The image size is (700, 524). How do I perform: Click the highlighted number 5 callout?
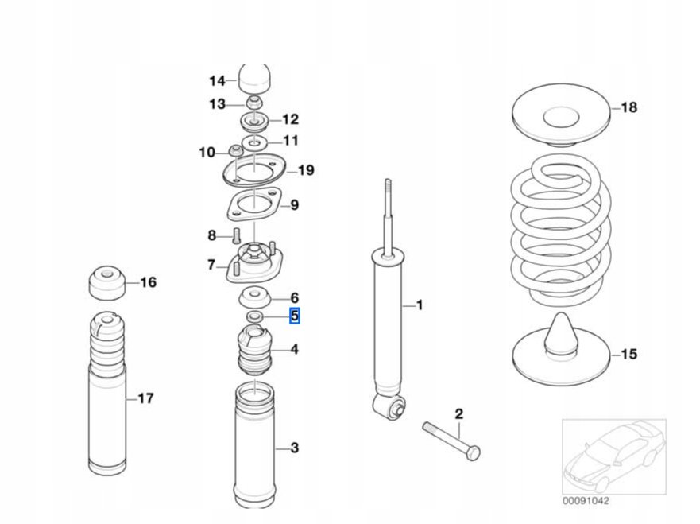click(x=294, y=316)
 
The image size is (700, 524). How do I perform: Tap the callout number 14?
click(x=217, y=80)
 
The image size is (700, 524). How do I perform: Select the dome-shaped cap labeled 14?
click(x=255, y=78)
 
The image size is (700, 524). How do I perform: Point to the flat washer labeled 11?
click(x=255, y=142)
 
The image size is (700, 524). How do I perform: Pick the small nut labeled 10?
click(x=235, y=151)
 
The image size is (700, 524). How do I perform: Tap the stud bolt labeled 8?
click(x=236, y=235)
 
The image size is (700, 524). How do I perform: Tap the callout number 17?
click(x=145, y=398)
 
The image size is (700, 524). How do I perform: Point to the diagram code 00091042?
click(x=588, y=500)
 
